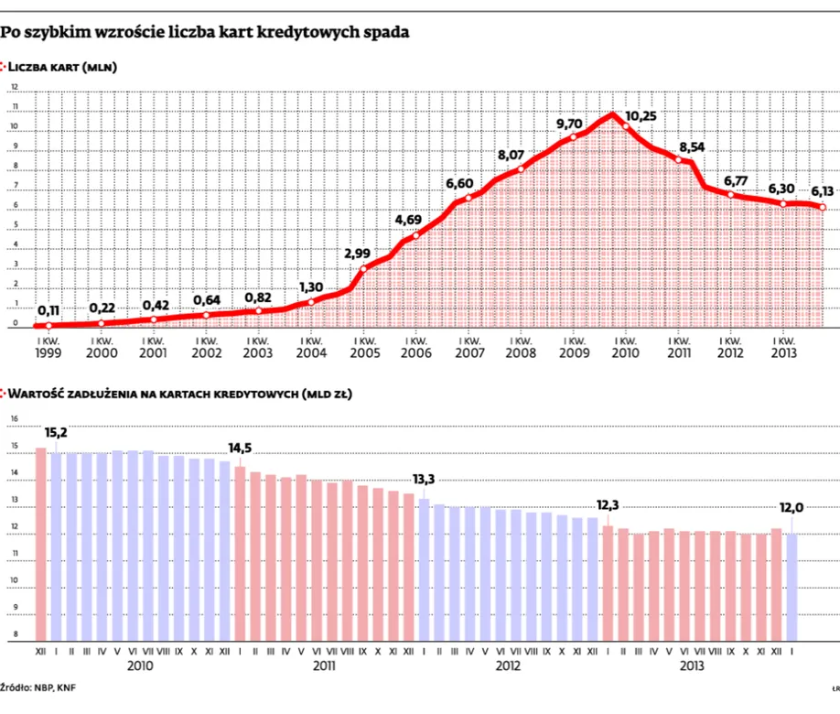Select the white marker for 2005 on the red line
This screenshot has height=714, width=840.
click(x=364, y=268)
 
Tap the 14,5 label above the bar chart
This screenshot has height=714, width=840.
click(x=242, y=449)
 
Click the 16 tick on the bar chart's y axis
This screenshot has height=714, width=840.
click(x=14, y=419)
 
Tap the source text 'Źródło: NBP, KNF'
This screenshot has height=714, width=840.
click(x=38, y=686)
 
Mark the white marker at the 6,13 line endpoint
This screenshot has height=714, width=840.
click(x=823, y=208)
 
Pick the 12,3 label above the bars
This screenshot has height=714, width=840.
click(x=608, y=506)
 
